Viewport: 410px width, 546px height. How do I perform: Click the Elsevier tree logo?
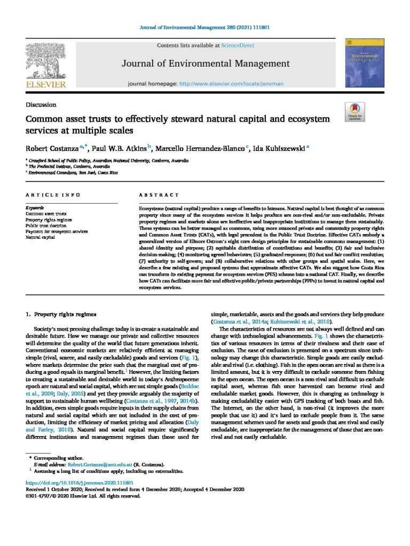(45, 60)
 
